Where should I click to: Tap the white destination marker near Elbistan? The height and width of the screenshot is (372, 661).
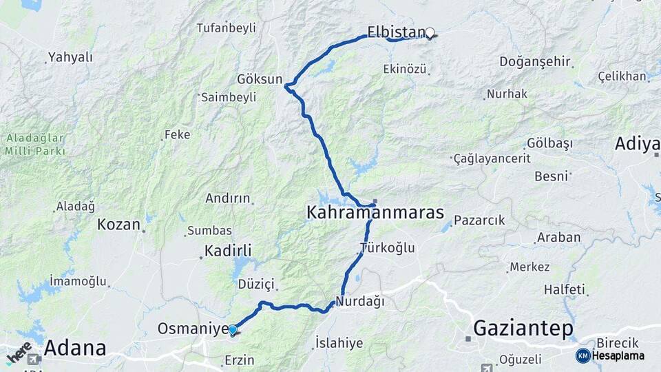(430, 33)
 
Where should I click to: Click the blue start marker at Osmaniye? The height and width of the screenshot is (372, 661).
(233, 330)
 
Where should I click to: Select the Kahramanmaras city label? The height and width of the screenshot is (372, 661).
(375, 213)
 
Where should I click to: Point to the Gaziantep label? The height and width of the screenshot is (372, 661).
(523, 329)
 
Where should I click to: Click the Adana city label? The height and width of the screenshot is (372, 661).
(75, 348)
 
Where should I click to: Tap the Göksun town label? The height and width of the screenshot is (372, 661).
(260, 79)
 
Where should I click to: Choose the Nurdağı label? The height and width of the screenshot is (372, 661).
(360, 302)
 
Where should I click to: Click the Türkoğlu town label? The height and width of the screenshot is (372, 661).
(388, 248)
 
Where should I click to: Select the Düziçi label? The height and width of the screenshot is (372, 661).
(256, 284)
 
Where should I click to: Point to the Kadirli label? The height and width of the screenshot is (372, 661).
(228, 250)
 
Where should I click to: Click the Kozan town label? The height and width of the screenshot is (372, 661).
(119, 224)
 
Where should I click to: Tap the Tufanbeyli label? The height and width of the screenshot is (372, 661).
(226, 28)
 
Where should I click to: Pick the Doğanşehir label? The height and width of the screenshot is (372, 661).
(535, 61)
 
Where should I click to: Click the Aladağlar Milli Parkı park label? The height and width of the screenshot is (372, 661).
(35, 145)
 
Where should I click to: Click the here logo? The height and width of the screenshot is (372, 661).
(19, 353)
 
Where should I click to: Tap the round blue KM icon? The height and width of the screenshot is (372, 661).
(583, 355)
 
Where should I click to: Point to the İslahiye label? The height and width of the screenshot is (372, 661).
(339, 343)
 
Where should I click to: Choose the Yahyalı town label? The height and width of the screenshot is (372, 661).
(70, 57)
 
